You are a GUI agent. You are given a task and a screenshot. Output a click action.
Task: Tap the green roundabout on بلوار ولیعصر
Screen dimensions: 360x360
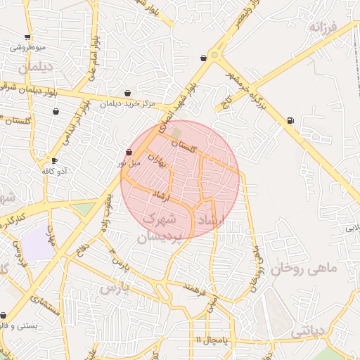tap(215, 54)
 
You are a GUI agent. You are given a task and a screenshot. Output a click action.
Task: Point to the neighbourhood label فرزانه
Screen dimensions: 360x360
tap(324, 27)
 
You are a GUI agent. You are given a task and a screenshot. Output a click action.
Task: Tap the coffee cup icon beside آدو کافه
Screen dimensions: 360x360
tap(54, 160)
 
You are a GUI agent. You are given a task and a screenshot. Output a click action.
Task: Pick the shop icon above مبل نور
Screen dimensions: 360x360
tap(128, 152)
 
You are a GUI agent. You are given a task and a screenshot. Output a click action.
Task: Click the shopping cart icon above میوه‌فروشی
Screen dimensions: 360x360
tap(27, 37)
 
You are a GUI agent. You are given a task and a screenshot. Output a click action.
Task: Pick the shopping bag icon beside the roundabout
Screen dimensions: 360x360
tap(203, 58)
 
